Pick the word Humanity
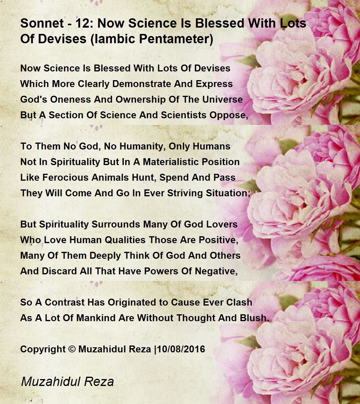[138, 146]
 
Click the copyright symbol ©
[72, 349]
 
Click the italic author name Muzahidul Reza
[67, 382]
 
